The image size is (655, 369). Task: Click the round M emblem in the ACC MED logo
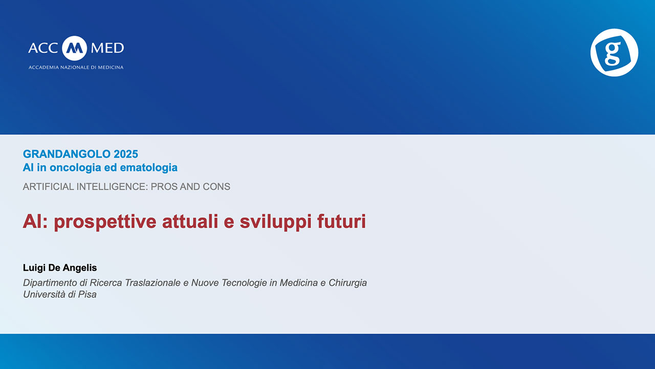pyautogui.click(x=74, y=48)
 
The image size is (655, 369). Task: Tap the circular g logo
pyautogui.click(x=614, y=52)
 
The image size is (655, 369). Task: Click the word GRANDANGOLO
pyautogui.click(x=67, y=154)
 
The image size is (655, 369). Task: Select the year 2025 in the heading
pyautogui.click(x=126, y=154)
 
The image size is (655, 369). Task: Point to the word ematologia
pyautogui.click(x=148, y=168)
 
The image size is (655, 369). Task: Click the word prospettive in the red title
pyautogui.click(x=105, y=222)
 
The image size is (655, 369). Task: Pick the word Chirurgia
pyautogui.click(x=347, y=283)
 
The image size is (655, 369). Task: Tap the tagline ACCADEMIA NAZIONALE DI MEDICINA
pyautogui.click(x=76, y=67)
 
